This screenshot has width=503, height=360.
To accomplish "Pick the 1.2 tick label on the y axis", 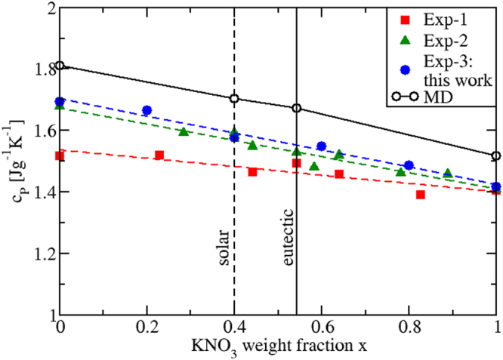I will [36, 253].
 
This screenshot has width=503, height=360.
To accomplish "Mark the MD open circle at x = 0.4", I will [234, 98].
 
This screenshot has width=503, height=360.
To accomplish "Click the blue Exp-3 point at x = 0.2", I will [147, 110].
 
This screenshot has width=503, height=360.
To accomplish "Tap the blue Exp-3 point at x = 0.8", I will [409, 165].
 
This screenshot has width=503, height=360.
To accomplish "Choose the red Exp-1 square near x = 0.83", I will [421, 195].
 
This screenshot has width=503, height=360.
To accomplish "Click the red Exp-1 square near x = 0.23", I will [159, 155].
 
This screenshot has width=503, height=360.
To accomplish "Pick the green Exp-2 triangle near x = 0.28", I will [184, 132].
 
